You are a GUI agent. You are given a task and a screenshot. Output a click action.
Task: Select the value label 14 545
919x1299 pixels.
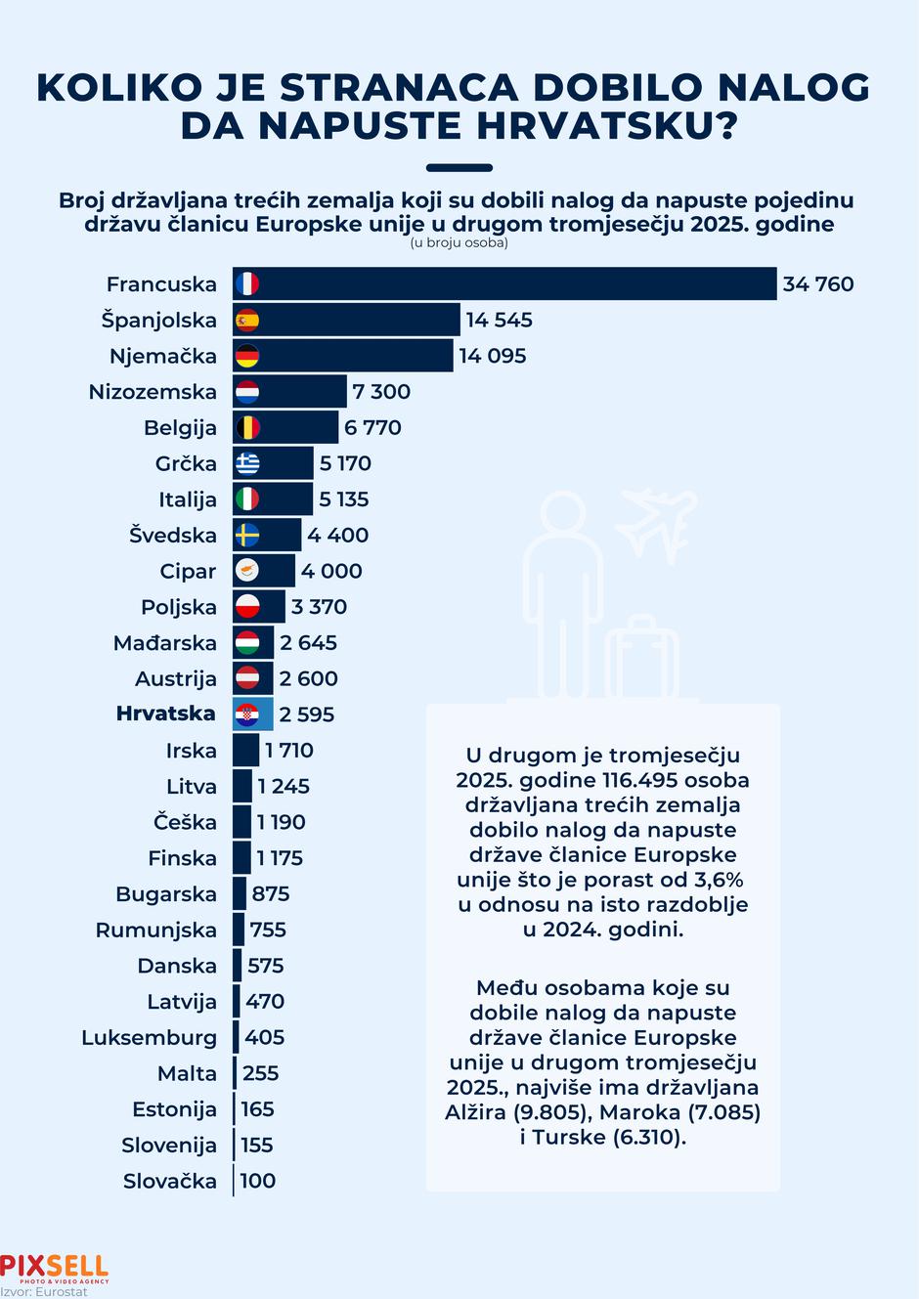(x=499, y=320)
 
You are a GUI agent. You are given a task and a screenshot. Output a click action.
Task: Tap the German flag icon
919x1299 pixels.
(x=247, y=356)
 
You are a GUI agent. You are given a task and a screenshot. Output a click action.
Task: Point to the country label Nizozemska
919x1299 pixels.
(x=153, y=392)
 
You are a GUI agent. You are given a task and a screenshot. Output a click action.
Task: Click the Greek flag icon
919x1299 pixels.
(x=247, y=463)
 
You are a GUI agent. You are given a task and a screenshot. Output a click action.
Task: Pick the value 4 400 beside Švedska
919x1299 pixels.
(x=337, y=535)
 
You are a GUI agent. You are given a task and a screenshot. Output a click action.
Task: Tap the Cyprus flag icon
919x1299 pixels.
(x=247, y=571)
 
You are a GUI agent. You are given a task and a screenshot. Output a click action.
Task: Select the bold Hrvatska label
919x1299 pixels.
(x=165, y=714)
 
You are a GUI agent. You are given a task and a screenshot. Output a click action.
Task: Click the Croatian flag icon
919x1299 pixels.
(x=247, y=714)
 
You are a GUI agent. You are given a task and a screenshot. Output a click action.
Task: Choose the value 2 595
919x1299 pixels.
(x=306, y=714)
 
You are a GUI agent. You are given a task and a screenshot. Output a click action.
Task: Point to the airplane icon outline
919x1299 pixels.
(x=655, y=519)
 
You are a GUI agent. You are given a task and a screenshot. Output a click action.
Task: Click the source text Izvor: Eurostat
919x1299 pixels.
(x=44, y=1291)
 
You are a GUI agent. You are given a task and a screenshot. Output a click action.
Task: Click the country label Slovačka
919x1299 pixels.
(x=169, y=1181)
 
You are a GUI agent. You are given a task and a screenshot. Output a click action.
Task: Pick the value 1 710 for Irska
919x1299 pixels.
(x=288, y=751)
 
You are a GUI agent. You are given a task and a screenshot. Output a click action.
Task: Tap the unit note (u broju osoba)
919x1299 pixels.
(x=459, y=242)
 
